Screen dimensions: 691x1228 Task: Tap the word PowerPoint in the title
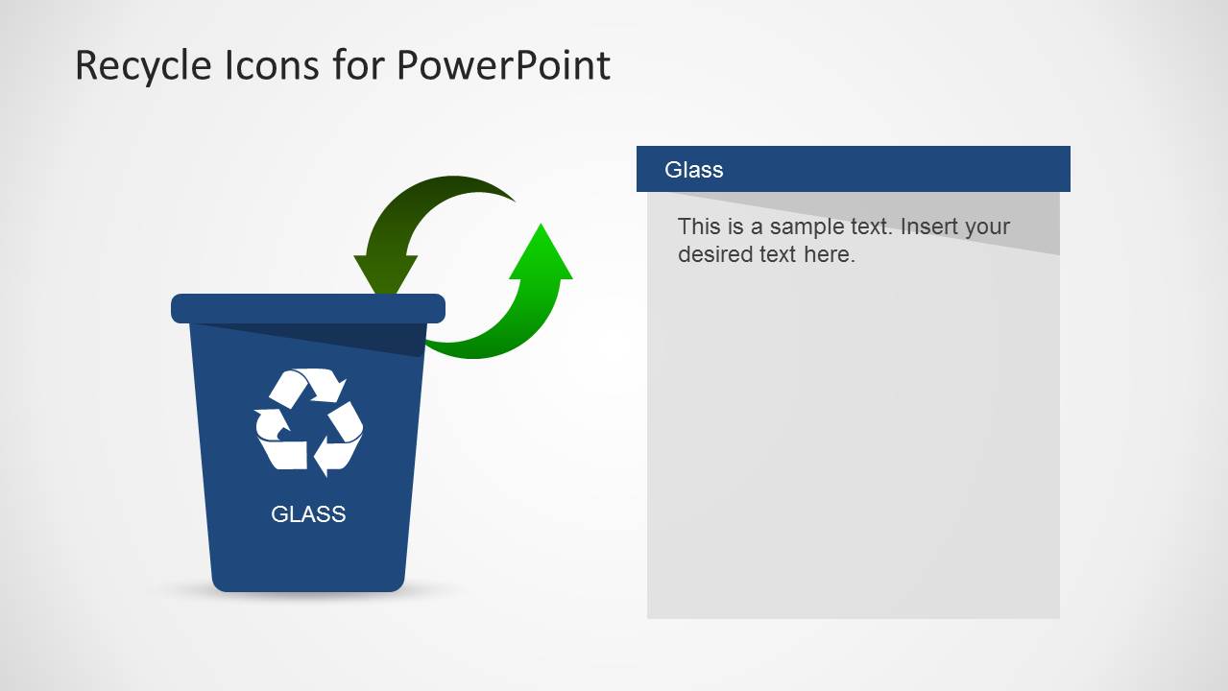coord(503,66)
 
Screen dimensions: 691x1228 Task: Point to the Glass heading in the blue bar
coord(693,170)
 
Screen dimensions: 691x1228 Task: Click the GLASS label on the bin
coord(308,514)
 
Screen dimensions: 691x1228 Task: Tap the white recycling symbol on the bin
coord(308,421)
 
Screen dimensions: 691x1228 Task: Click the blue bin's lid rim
coord(308,308)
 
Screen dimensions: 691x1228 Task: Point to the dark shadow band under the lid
coord(384,338)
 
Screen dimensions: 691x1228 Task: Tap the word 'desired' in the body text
coord(715,255)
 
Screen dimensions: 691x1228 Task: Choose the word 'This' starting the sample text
coord(698,227)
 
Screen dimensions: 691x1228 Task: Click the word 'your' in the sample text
coord(989,227)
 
